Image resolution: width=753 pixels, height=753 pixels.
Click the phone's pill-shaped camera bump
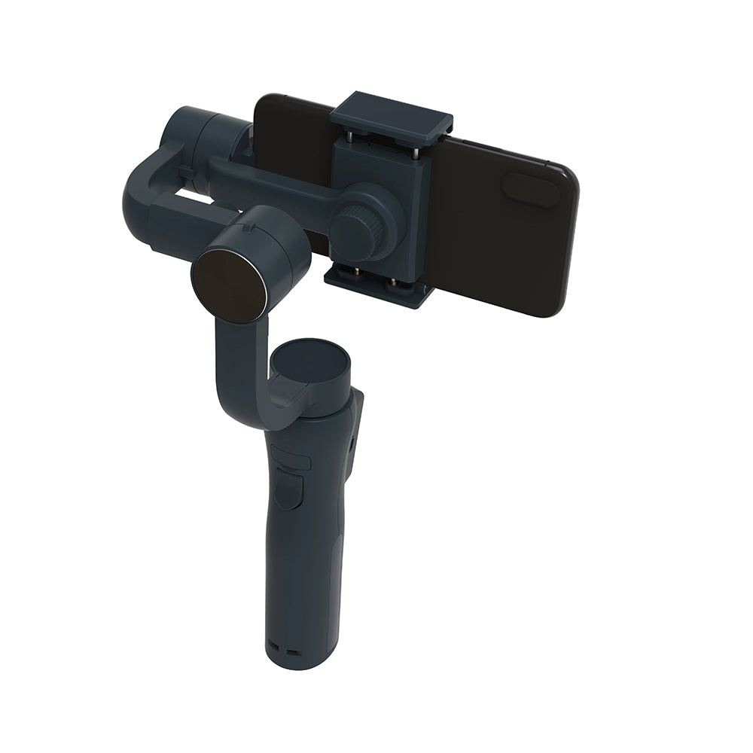click(530, 191)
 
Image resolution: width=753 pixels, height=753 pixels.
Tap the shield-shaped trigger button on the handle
click(288, 490)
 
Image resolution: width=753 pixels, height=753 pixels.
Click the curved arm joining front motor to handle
click(241, 369)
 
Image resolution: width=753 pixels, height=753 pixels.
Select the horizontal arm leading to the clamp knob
click(271, 181)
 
